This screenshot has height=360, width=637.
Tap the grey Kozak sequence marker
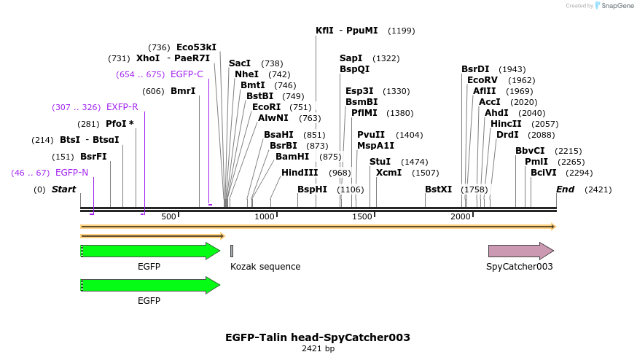[x=232, y=251]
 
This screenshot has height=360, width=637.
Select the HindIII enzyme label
[x=300, y=173]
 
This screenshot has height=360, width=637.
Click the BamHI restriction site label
[x=292, y=157]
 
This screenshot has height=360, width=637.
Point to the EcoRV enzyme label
[x=482, y=80]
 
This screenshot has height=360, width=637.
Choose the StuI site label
[x=380, y=162]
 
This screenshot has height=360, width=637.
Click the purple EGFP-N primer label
[x=71, y=173]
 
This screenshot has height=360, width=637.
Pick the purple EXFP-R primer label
[x=122, y=108]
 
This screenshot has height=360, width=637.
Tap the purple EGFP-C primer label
[x=187, y=74]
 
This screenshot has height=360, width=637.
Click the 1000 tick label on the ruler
[x=265, y=217]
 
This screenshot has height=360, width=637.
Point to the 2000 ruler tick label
[x=461, y=217]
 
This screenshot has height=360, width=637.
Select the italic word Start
[x=63, y=189]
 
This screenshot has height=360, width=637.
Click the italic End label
[x=565, y=189]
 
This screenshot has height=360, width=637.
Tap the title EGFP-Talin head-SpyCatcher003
[x=318, y=337]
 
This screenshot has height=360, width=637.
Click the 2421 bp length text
[x=318, y=349]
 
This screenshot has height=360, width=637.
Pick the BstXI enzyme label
[x=438, y=189]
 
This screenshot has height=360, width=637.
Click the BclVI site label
[x=543, y=173]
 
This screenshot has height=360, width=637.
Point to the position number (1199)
[x=402, y=31]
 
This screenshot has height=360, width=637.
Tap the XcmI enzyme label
[x=388, y=173]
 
